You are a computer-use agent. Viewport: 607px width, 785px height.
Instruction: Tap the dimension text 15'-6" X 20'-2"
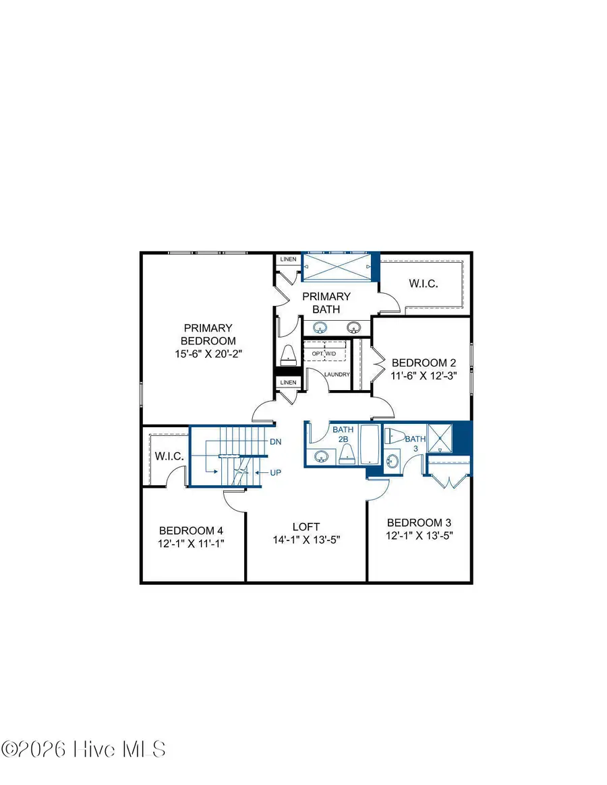207,354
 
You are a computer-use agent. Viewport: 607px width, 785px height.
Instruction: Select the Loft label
306,526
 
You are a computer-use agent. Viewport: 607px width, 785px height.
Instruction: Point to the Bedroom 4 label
192,530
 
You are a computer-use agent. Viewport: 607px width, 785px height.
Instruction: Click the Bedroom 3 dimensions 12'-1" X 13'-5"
419,536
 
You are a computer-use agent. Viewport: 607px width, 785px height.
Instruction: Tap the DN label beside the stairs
274,442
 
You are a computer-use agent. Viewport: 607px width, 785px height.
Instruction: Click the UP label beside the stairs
274,472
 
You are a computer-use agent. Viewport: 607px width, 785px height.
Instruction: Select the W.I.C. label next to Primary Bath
423,284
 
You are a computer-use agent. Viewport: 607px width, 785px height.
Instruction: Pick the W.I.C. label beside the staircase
169,456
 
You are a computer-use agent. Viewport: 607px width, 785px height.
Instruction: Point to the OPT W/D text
324,354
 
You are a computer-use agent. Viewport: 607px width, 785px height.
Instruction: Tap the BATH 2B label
341,434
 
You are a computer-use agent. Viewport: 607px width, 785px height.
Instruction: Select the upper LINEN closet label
288,259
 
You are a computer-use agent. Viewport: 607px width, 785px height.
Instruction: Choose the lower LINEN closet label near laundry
288,383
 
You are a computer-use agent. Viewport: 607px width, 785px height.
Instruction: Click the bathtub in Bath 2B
370,445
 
